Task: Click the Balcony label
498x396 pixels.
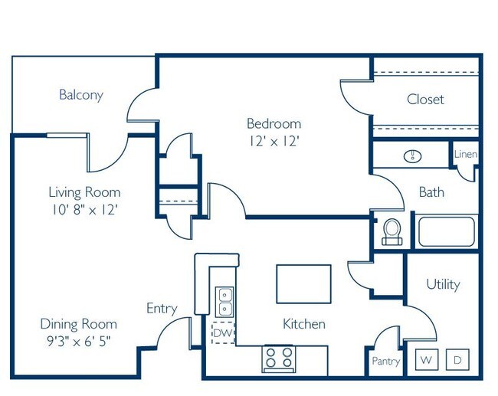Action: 80,96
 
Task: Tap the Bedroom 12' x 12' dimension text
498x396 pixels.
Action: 274,141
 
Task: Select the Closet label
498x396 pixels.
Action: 425,100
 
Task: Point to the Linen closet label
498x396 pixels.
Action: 466,155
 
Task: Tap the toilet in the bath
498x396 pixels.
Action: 392,231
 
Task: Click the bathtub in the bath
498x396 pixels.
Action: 446,231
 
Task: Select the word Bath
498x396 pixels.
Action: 431,192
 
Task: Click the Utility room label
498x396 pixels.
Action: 443,284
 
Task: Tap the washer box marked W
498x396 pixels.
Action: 425,359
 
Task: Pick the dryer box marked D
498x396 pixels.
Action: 457,359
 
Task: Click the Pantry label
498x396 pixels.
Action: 386,361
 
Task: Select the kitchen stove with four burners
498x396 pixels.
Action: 279,358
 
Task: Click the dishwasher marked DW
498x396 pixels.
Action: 223,333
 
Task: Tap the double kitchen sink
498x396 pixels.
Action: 224,301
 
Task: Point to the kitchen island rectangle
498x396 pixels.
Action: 304,283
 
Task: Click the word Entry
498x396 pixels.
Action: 162,309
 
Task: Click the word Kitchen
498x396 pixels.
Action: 304,324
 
